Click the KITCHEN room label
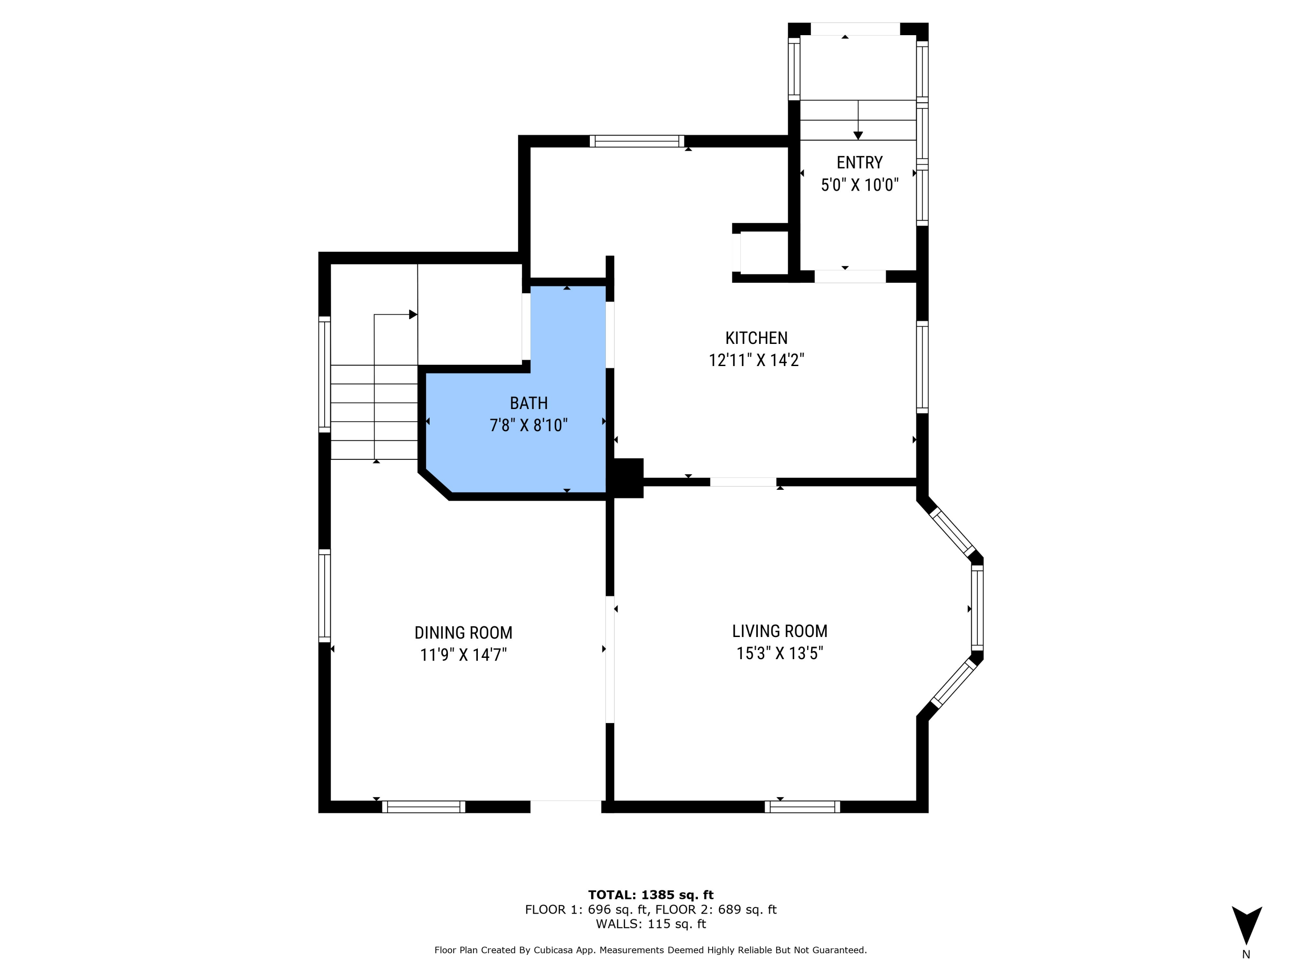pos(756,338)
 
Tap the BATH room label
pos(529,403)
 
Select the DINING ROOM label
pos(463,633)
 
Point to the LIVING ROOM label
pos(780,631)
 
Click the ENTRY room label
pos(859,162)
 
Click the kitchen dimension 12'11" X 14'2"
pos(756,360)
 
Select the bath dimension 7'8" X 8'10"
pos(529,425)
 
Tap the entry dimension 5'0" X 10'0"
pos(859,185)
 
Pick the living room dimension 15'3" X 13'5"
pos(780,654)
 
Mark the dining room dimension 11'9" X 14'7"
pos(463,655)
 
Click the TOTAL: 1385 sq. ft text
pos(651,895)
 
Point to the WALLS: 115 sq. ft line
pos(651,924)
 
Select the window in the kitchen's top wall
pos(637,141)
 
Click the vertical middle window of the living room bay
pos(977,608)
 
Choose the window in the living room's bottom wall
pos(802,807)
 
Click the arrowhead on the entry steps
pos(858,135)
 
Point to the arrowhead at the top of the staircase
pos(413,314)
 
